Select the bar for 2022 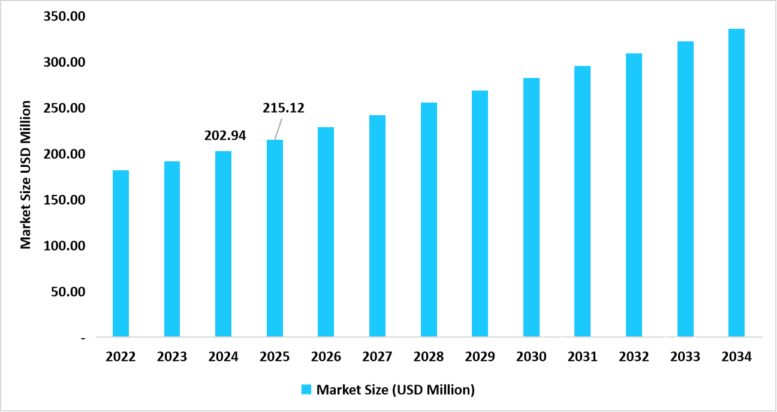tap(121, 253)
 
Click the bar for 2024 tap(223, 243)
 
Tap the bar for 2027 tap(377, 225)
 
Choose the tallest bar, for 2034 tap(736, 182)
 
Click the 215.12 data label tap(284, 109)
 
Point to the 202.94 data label tap(225, 136)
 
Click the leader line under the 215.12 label tap(278, 128)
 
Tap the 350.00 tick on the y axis tap(64, 17)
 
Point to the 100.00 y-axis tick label tap(64, 246)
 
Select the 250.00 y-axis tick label tap(64, 109)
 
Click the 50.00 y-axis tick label tap(67, 292)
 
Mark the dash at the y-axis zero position tap(83, 338)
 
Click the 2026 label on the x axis tap(326, 357)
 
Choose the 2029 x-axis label tap(480, 357)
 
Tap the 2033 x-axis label tap(685, 357)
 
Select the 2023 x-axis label tap(172, 357)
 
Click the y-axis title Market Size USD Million tap(25, 175)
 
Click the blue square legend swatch tap(306, 390)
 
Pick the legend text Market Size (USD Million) tap(395, 390)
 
